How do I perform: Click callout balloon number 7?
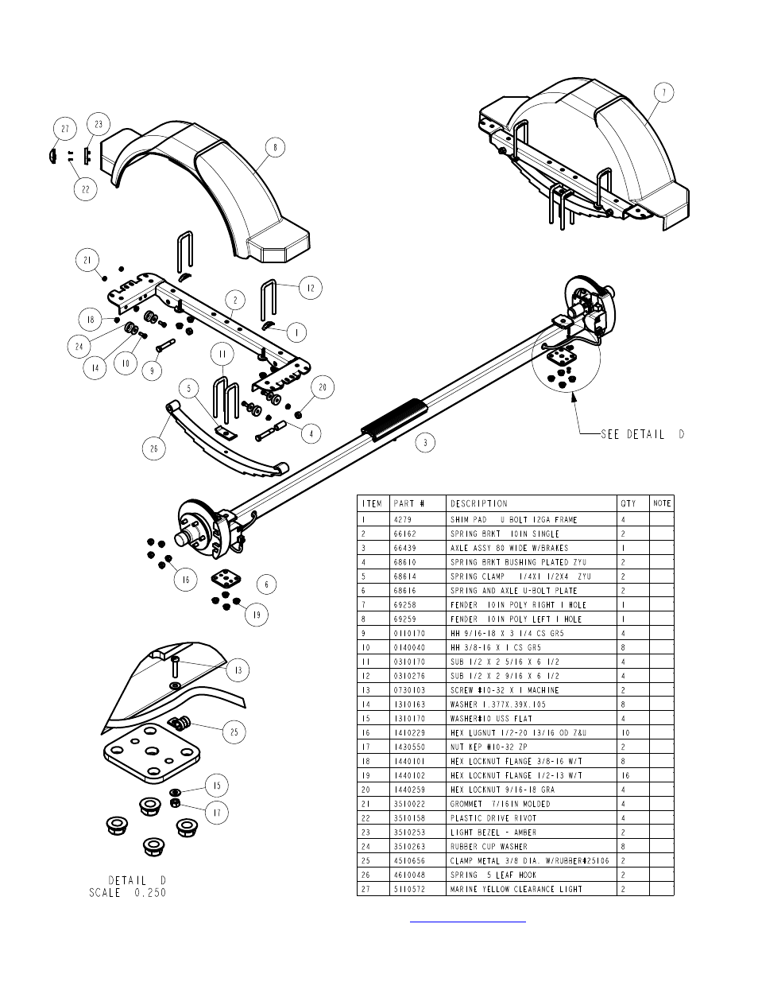[x=663, y=93]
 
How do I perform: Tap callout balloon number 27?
[x=65, y=129]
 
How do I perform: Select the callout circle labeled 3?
[x=425, y=442]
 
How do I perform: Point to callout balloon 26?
[x=154, y=448]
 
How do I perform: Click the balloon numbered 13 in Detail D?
[x=238, y=670]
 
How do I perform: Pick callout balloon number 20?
[x=323, y=387]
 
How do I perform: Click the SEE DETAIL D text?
[x=643, y=434]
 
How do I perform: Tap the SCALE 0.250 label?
[x=128, y=892]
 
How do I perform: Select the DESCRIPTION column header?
[x=479, y=503]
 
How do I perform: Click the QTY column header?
[x=628, y=503]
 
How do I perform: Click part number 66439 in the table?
[x=405, y=548]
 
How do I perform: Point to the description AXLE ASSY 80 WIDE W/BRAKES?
[x=509, y=548]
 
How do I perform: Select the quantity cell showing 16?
[x=625, y=775]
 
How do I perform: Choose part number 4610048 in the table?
[x=409, y=875]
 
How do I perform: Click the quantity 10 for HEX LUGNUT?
[x=625, y=732]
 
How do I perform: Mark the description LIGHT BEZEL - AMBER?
[x=493, y=833]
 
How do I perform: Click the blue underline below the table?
[x=468, y=922]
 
